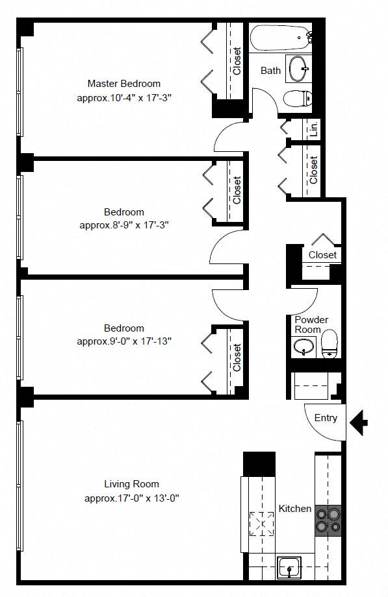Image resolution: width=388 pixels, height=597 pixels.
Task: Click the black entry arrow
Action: coord(359,422)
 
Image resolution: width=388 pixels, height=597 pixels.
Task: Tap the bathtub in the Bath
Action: coord(280,38)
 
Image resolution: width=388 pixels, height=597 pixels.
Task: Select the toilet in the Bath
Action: coord(298,99)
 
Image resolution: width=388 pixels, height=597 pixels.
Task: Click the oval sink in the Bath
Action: coord(299,69)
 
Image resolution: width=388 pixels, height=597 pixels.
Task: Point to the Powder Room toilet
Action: coord(330,344)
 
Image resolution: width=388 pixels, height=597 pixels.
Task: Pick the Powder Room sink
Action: coord(304,347)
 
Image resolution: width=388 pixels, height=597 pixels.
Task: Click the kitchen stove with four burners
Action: coord(328,520)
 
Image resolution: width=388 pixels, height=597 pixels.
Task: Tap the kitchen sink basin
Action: coord(289,568)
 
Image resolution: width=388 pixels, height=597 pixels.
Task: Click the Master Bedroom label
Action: coord(124,83)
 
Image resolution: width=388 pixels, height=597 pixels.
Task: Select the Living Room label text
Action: coord(132,484)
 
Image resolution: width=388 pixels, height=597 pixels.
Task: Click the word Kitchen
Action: coord(295,509)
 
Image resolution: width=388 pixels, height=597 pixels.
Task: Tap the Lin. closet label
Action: coord(314,129)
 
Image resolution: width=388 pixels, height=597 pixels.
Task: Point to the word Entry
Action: coord(326,418)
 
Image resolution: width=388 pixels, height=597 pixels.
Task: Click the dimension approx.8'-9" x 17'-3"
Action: coord(124,225)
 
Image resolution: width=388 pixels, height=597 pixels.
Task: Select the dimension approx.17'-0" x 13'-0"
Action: coord(132,498)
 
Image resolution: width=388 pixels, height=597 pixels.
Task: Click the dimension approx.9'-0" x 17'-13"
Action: coord(124,341)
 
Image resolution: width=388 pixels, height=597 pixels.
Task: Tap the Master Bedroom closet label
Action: coord(237,61)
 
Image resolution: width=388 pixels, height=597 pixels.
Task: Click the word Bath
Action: coord(270,71)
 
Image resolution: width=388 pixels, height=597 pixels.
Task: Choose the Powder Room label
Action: coord(311,324)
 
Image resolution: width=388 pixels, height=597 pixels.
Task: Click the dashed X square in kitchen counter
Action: coord(262,524)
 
